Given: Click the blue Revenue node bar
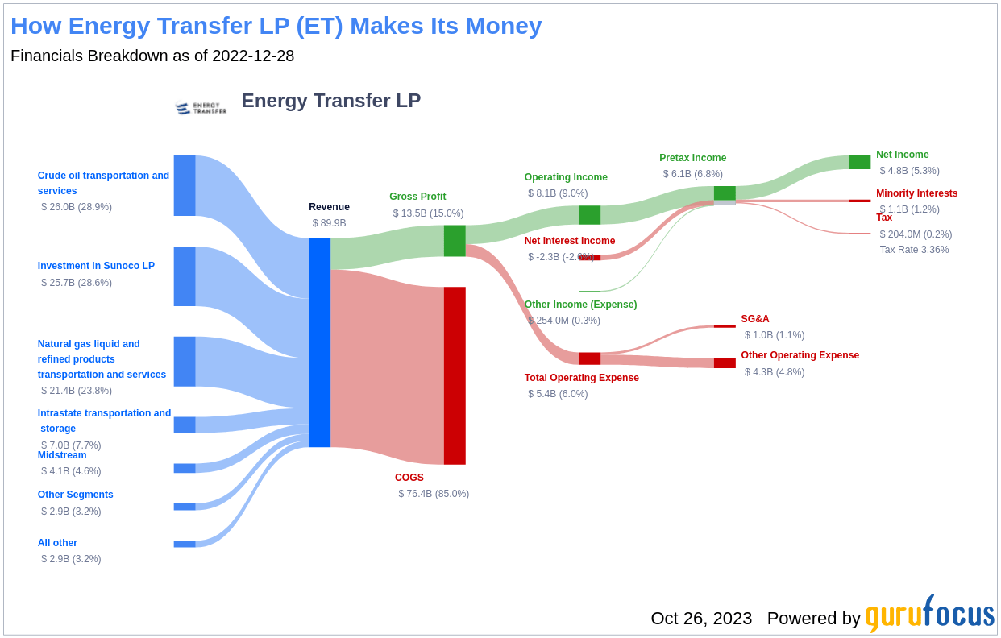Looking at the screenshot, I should [x=319, y=342].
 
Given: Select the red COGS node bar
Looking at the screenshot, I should [x=455, y=375].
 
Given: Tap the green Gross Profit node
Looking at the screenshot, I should [x=455, y=241].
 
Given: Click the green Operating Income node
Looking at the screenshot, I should [x=589, y=215].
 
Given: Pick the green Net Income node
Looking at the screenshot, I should [x=859, y=162].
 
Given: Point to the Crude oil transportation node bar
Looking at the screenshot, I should [x=185, y=185].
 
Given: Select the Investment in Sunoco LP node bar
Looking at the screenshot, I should [x=185, y=276].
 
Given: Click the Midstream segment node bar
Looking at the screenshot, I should [x=185, y=468].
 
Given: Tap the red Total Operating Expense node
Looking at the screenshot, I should [x=589, y=358].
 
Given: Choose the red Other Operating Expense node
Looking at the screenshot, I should [x=725, y=363].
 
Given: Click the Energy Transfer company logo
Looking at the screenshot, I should [x=201, y=107].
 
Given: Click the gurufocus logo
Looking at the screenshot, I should [x=929, y=615].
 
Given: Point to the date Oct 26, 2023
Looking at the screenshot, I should [x=701, y=619].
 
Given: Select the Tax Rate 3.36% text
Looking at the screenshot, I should [x=914, y=250].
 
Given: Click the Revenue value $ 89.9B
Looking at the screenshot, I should [x=329, y=223].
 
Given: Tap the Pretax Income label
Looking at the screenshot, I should [x=692, y=158].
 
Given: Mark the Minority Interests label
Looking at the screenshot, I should [x=916, y=193].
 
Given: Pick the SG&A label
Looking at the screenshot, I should [x=754, y=319].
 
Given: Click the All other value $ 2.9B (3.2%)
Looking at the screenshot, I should [x=71, y=559].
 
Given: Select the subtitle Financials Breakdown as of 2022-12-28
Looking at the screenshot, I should [x=152, y=56].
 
